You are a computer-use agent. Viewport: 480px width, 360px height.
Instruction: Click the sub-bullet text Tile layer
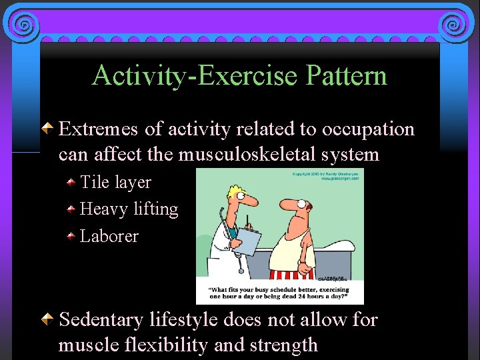115,182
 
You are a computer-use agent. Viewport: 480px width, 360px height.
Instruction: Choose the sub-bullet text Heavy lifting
129,209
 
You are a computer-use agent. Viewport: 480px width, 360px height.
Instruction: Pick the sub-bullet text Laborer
109,236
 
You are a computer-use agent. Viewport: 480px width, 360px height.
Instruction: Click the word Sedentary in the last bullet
101,320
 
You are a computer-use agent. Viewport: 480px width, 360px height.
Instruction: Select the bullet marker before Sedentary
48,319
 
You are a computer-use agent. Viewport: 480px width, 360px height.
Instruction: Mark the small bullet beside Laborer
71,235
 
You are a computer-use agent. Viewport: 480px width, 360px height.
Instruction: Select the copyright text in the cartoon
326,176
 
